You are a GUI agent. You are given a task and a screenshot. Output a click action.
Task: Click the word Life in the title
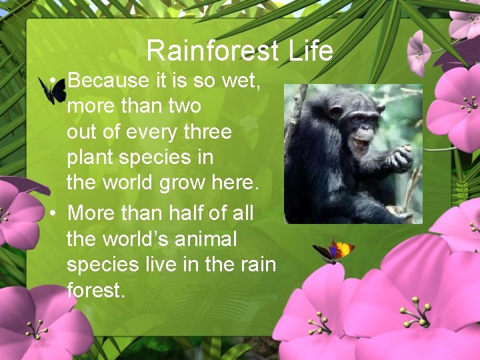point(311,51)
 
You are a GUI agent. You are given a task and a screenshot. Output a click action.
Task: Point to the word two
point(184,107)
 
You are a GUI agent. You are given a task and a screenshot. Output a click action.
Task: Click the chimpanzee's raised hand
point(401,159)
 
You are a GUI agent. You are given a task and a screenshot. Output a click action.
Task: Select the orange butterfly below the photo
point(335,250)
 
